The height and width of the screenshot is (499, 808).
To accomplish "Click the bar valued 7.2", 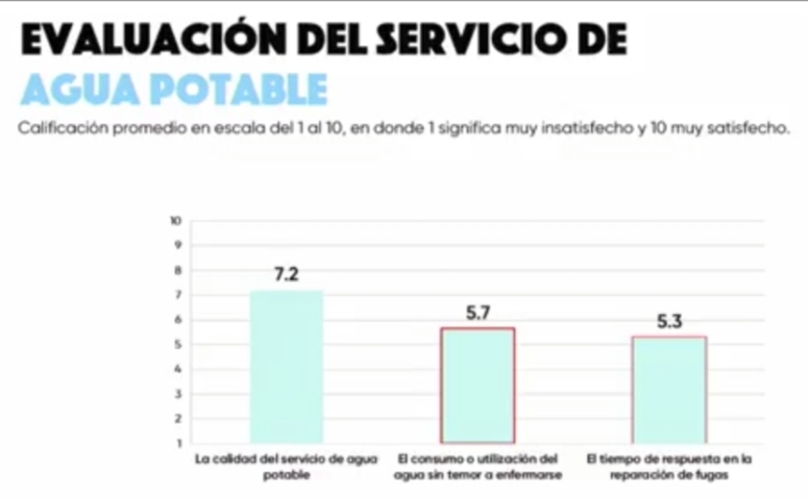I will tap(286, 365).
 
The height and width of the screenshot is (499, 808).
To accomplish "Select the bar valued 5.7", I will tap(477, 385).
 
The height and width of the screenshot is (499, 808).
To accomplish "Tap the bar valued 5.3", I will tap(669, 389).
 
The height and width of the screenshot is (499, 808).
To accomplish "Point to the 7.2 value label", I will tap(286, 275).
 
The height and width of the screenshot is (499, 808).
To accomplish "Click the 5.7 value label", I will tap(477, 312).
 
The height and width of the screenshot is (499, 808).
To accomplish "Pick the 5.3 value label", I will tap(669, 322).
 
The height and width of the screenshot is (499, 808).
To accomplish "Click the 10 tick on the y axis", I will tap(176, 220).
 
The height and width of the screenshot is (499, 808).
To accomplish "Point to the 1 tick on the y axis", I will tap(178, 443).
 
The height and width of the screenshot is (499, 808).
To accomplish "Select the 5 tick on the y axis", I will tap(178, 344).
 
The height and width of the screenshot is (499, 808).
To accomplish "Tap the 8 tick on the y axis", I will tap(178, 270).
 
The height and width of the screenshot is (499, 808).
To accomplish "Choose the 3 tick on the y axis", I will tap(178, 394).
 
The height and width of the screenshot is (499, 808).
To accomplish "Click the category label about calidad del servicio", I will tap(286, 466).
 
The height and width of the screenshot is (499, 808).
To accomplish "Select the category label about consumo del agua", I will tap(477, 466).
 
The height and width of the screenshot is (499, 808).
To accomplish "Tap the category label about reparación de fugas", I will tap(670, 466).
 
